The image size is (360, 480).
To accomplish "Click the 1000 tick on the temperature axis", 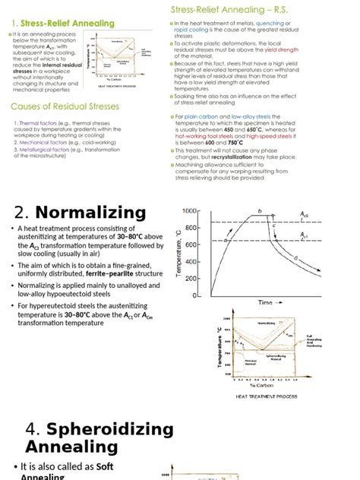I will [189, 210].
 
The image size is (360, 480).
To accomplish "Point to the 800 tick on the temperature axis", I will [191, 227].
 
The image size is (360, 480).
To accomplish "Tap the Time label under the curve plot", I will [264, 302].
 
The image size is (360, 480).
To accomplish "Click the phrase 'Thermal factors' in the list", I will [33, 123].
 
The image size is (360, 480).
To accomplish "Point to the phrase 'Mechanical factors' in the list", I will [37, 141].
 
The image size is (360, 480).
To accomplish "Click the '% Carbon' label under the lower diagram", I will [263, 385].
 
